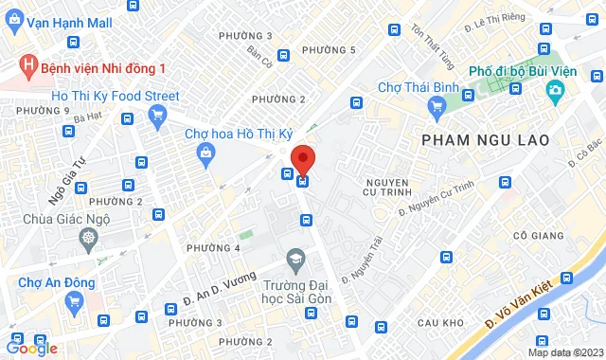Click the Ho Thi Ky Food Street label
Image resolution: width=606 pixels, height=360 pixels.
pyautogui.click(x=115, y=95)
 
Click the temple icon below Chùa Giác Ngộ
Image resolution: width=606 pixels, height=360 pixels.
pyautogui.click(x=88, y=237)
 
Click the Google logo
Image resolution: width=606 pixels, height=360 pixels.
pyautogui.click(x=30, y=348)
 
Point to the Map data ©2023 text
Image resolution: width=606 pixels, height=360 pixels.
pyautogui.click(x=564, y=352)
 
